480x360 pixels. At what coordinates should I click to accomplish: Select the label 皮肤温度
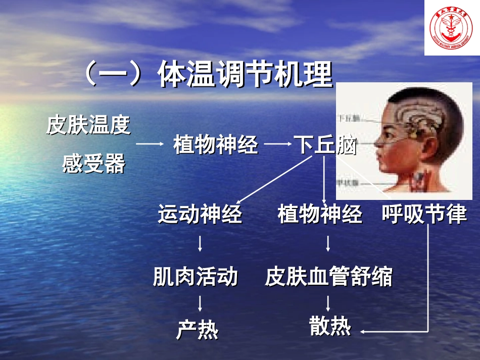88,126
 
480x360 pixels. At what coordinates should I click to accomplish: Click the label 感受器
93,164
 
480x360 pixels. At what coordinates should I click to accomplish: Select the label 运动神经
200,214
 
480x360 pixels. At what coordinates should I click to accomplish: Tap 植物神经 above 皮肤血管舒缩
320,214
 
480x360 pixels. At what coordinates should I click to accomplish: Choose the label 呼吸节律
424,214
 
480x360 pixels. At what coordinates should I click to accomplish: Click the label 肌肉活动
195,277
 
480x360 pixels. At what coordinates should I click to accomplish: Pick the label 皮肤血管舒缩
328,277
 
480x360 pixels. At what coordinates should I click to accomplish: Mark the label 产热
197,330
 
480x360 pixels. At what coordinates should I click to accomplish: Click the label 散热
330,327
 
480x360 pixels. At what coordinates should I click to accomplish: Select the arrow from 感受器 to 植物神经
150,144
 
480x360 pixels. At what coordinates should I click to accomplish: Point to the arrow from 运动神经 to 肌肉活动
201,243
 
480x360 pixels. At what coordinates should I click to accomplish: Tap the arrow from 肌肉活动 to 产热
201,303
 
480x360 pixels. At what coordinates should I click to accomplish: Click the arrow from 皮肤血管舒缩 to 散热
328,303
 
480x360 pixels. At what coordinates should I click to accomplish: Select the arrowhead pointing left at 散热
364,332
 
